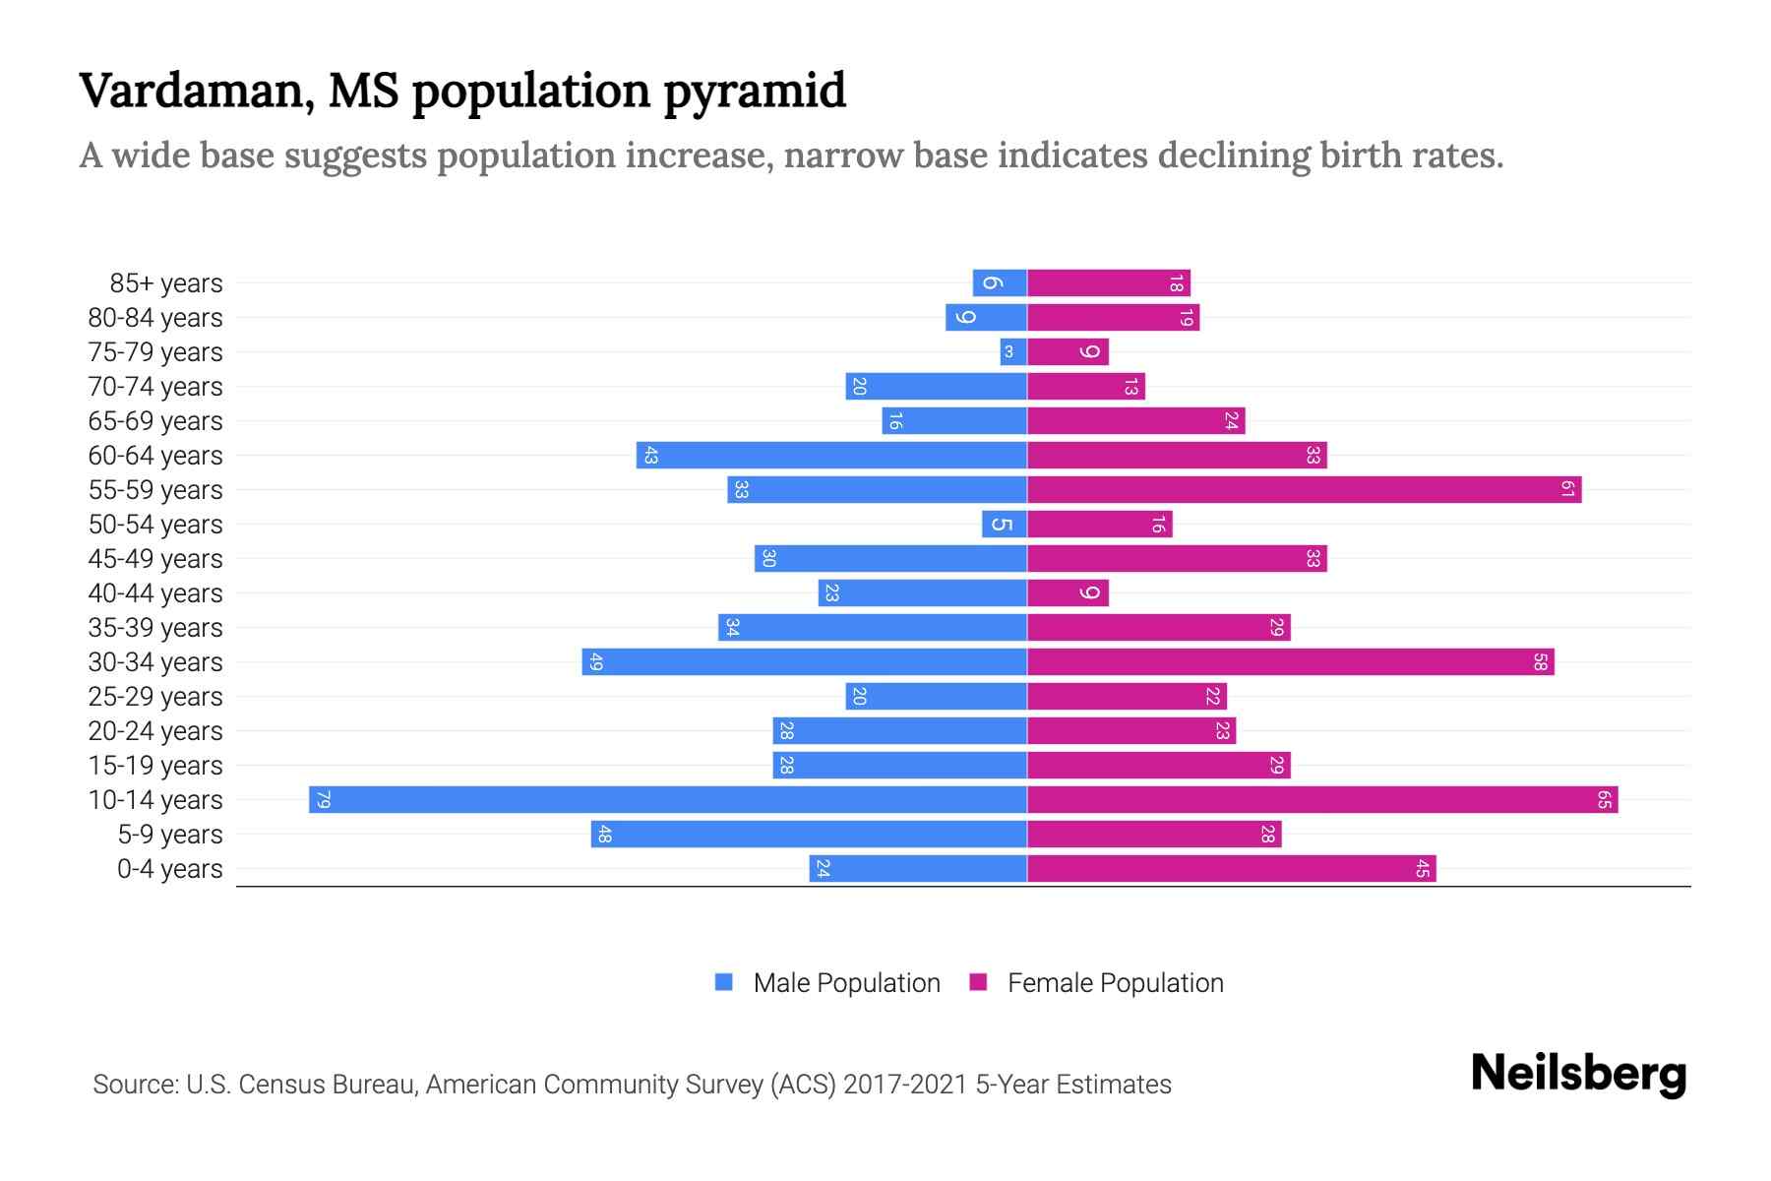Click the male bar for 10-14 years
click(x=668, y=799)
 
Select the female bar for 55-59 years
click(x=1304, y=489)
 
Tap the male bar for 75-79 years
click(x=1013, y=351)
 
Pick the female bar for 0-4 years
click(x=1231, y=868)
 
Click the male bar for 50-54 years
click(x=1004, y=524)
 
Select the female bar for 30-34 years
click(x=1290, y=661)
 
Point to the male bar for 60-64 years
click(x=831, y=455)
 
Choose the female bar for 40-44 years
click(x=1068, y=592)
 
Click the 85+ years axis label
click(x=165, y=283)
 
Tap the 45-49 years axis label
click(x=155, y=559)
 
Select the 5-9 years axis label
click(x=169, y=835)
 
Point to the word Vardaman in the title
click(x=197, y=91)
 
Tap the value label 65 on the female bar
click(x=1604, y=799)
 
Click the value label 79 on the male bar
click(x=323, y=799)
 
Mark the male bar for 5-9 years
click(x=809, y=834)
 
